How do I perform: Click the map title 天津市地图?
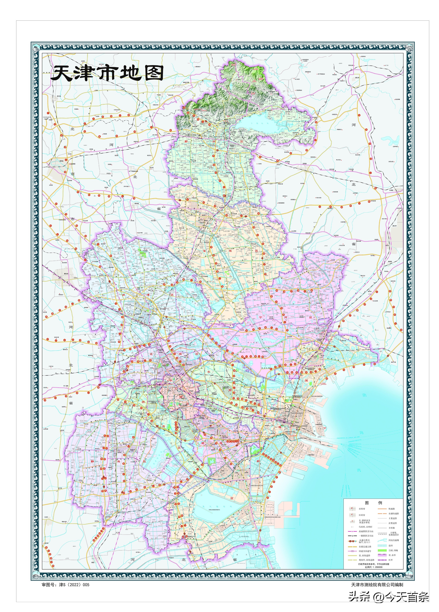(x=107, y=73)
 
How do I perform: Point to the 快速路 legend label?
(x=392, y=509)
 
